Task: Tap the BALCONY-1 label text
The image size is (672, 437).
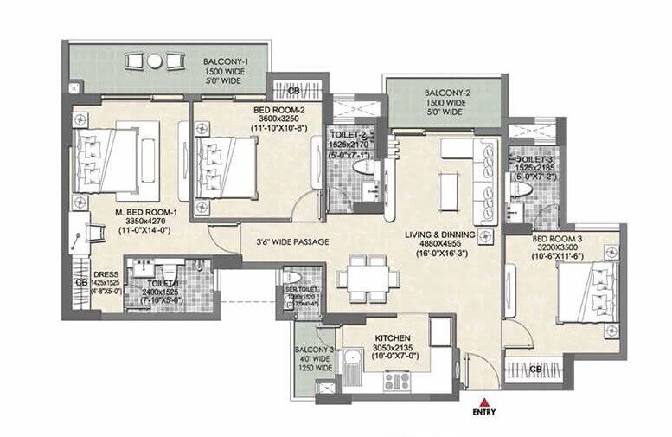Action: click(x=227, y=62)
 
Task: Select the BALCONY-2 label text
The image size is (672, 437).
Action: click(x=446, y=93)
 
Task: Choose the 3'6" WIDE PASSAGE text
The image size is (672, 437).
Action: click(x=285, y=242)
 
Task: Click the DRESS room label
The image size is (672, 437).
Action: click(x=106, y=272)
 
